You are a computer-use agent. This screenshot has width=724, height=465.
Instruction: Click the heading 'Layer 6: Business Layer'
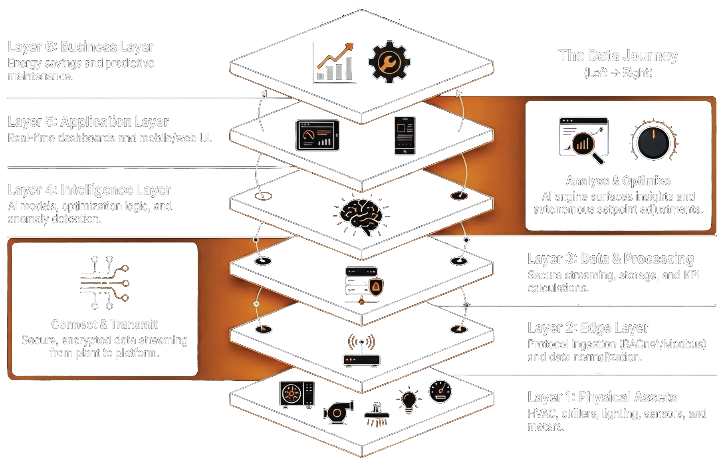click(x=81, y=47)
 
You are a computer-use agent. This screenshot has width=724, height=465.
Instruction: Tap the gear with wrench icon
click(x=389, y=62)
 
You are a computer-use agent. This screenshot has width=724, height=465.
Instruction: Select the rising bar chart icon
click(x=334, y=63)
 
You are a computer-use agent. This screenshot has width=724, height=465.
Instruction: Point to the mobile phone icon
click(x=405, y=135)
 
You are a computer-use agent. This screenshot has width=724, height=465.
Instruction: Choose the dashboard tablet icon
click(x=317, y=135)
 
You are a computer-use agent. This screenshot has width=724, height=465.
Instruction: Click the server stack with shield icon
click(x=363, y=285)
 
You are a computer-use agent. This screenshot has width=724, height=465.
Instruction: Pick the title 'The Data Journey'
click(x=618, y=56)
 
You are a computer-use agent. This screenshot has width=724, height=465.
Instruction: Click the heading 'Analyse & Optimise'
click(x=618, y=181)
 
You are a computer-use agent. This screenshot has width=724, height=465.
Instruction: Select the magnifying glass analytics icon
click(x=584, y=140)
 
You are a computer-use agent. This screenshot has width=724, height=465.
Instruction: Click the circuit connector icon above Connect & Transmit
click(x=105, y=283)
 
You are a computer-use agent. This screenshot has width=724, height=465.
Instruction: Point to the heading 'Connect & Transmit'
click(x=105, y=324)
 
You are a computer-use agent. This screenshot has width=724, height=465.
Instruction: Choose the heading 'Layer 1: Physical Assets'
click(x=602, y=397)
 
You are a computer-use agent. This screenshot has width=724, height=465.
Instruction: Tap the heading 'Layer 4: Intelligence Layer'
click(x=89, y=190)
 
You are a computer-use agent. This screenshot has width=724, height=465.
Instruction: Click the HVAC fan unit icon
click(x=297, y=395)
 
